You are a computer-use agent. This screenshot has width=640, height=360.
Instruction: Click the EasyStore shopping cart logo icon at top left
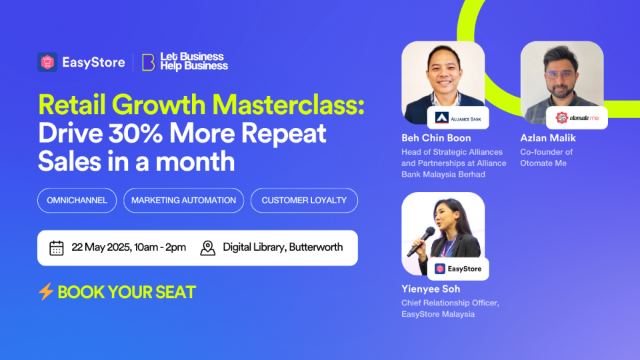[47, 62]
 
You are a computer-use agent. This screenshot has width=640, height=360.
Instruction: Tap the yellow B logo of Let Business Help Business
[148, 63]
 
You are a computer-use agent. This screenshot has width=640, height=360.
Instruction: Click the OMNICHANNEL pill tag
[77, 201]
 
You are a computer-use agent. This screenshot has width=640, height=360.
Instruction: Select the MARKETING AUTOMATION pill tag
[184, 201]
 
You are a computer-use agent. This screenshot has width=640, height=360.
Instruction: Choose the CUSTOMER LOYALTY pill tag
[304, 201]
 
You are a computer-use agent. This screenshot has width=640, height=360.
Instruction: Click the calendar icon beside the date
[56, 248]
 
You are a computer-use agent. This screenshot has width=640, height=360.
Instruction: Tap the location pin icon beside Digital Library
[208, 248]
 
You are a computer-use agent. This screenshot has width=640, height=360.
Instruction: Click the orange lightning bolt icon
[46, 291]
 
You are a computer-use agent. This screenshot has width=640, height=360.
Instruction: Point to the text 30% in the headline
[136, 133]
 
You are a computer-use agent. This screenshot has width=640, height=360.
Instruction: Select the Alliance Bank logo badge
[458, 118]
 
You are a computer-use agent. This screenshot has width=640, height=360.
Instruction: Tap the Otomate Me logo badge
[577, 118]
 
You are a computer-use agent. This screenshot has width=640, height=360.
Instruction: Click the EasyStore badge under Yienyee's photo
[458, 269]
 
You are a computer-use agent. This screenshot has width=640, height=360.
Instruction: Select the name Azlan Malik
[548, 138]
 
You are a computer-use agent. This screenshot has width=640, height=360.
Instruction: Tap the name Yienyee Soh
[431, 289]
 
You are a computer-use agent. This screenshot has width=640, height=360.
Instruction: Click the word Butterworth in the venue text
[316, 247]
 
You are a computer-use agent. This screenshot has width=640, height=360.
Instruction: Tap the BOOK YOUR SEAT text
[127, 292]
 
